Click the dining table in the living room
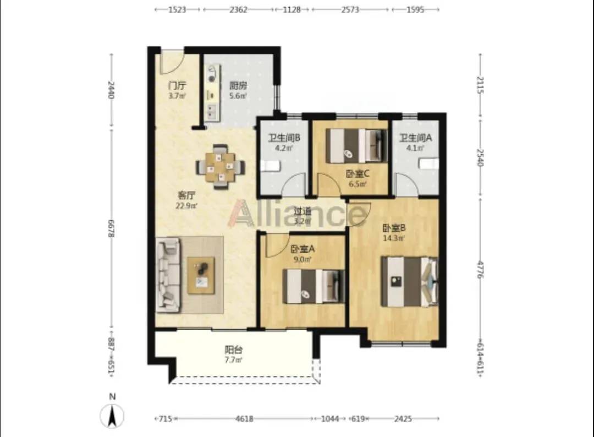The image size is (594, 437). [x=220, y=167]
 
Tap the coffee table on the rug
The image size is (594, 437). [x=201, y=275]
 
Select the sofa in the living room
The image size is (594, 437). [x=168, y=275]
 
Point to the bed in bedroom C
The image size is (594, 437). [x=356, y=146]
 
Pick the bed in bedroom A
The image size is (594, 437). [x=313, y=287]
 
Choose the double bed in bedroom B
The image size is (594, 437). [x=409, y=282]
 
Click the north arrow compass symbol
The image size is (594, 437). [x=112, y=416]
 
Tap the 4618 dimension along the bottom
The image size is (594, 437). [x=244, y=419]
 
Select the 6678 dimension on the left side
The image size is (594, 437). [x=111, y=229]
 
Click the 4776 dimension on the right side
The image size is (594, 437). [x=480, y=270]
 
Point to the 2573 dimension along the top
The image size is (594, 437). [x=350, y=9]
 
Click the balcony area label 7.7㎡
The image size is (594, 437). [x=233, y=360]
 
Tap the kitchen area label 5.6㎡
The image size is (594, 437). [x=238, y=96]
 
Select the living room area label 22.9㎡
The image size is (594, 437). [x=186, y=206]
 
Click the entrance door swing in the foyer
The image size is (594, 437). [x=172, y=61]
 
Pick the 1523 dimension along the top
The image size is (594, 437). [x=177, y=9]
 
